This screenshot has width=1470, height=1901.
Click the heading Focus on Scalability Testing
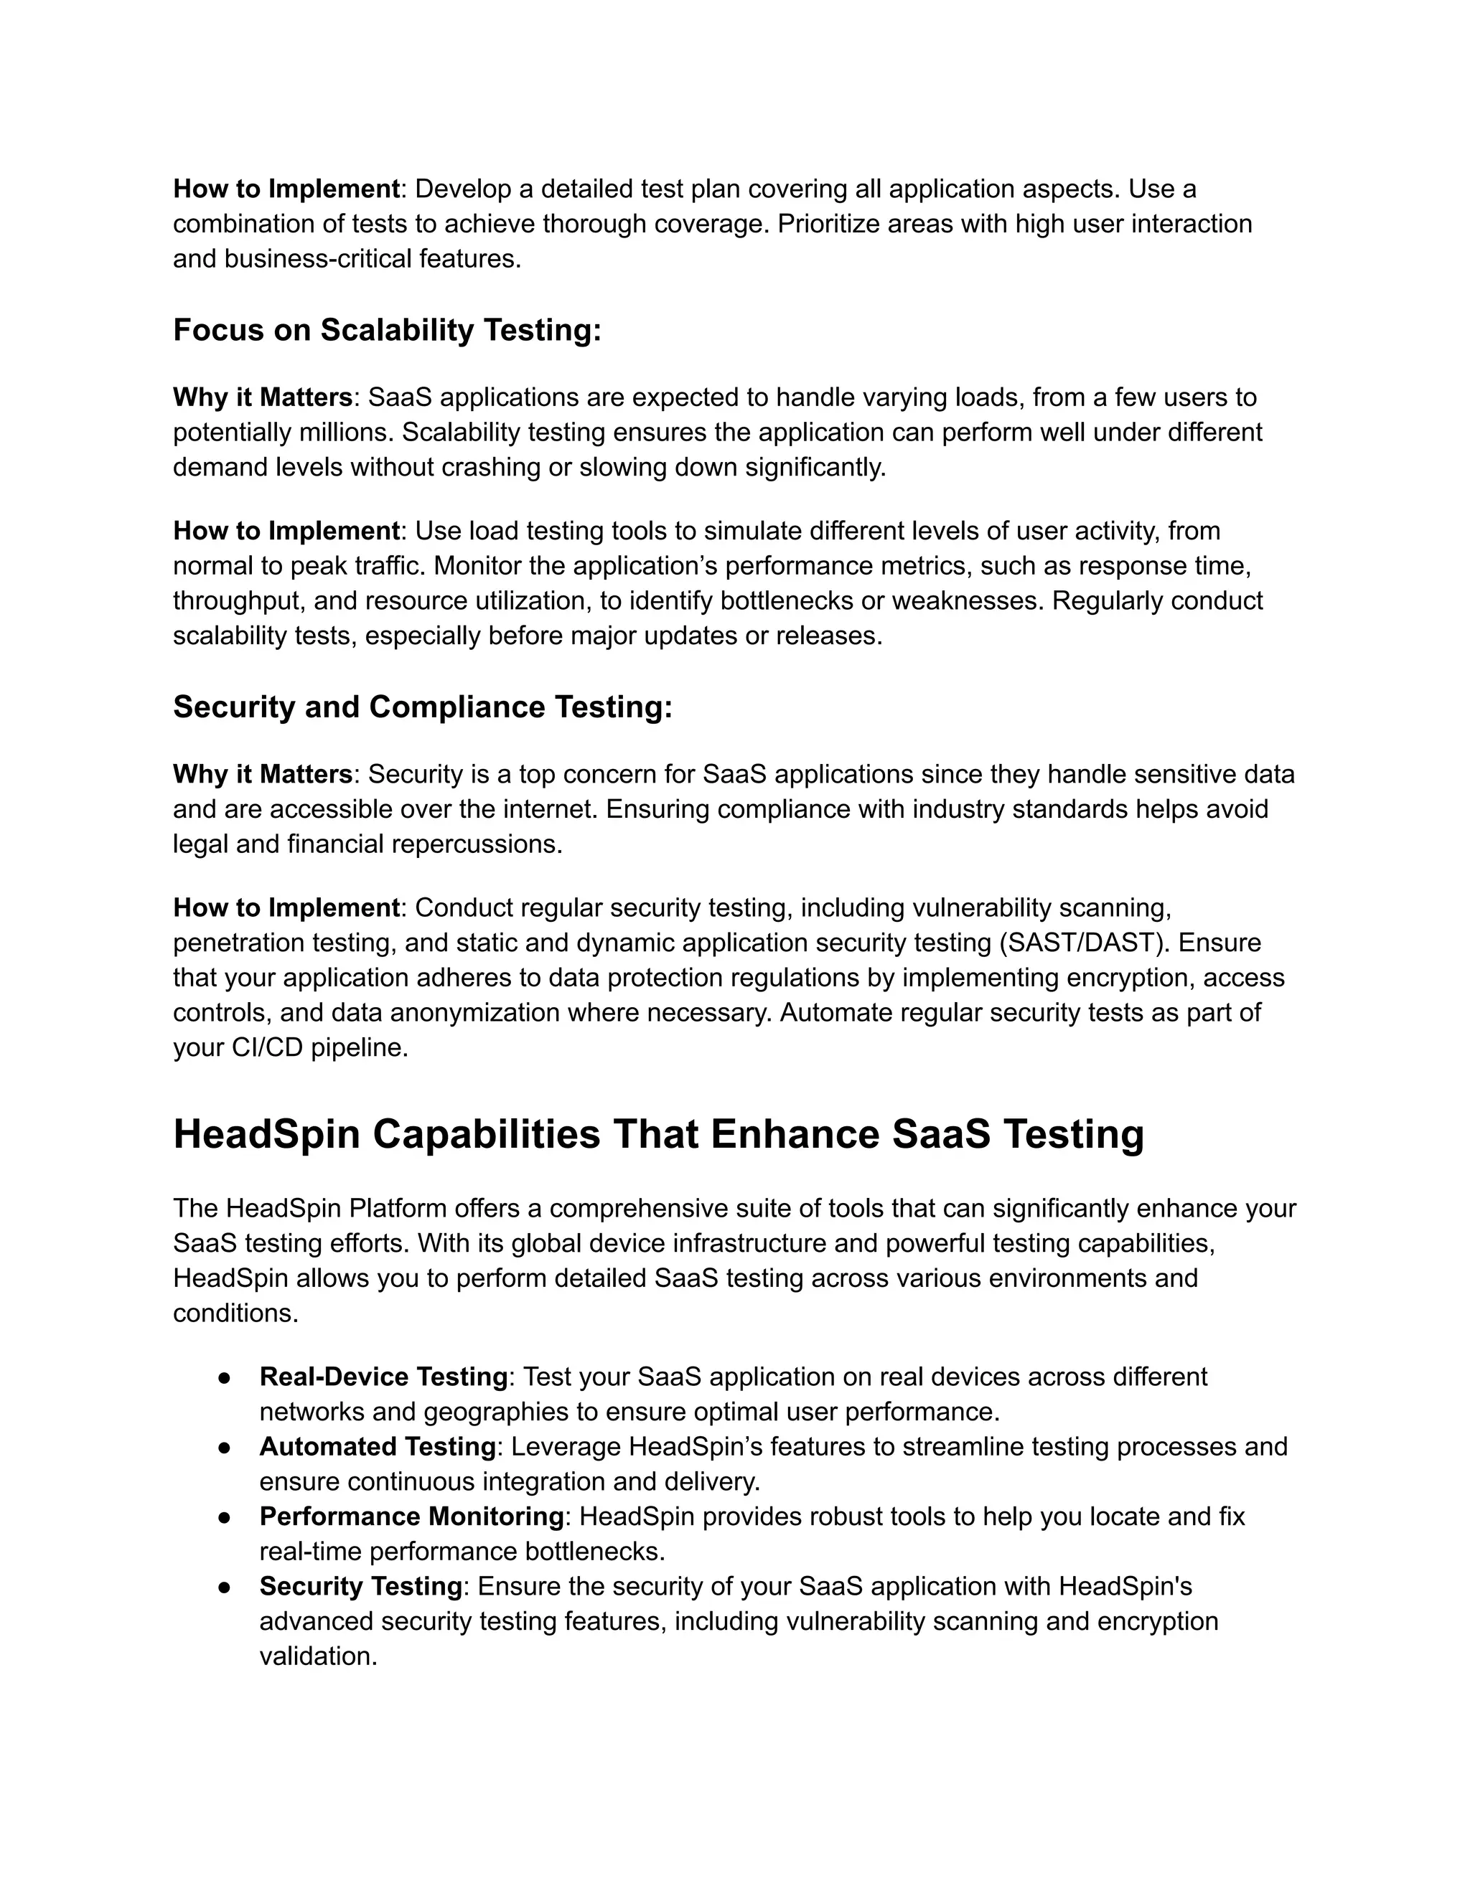[387, 330]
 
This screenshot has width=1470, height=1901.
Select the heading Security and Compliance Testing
[422, 707]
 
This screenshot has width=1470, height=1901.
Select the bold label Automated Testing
[377, 1447]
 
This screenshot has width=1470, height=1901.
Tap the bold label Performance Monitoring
[412, 1516]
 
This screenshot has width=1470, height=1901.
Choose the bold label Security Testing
[360, 1586]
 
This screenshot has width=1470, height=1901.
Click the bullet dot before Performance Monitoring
[224, 1517]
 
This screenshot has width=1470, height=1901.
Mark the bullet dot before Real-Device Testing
[224, 1377]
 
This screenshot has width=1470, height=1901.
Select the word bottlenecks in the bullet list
[595, 1551]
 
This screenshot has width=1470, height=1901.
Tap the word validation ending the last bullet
[317, 1656]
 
